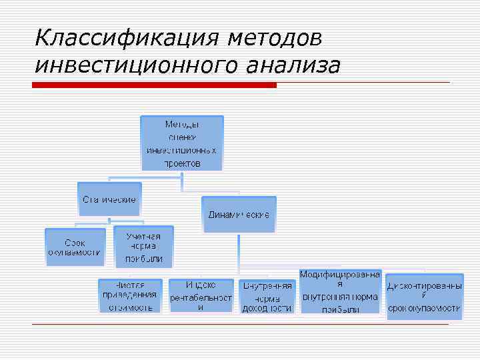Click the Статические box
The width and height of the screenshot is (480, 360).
coord(109,199)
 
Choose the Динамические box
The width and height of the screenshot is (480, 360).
coord(239,214)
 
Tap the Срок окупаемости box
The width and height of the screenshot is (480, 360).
coord(75,247)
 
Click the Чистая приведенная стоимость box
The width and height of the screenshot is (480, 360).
coord(130,295)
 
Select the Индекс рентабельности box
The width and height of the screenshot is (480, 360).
coord(201,295)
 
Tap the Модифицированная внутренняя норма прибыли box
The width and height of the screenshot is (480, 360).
coord(340,291)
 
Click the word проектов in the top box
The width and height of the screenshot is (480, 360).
coord(182,163)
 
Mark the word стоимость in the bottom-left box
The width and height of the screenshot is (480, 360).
coord(130,307)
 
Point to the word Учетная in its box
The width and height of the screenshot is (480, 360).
coord(143,236)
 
